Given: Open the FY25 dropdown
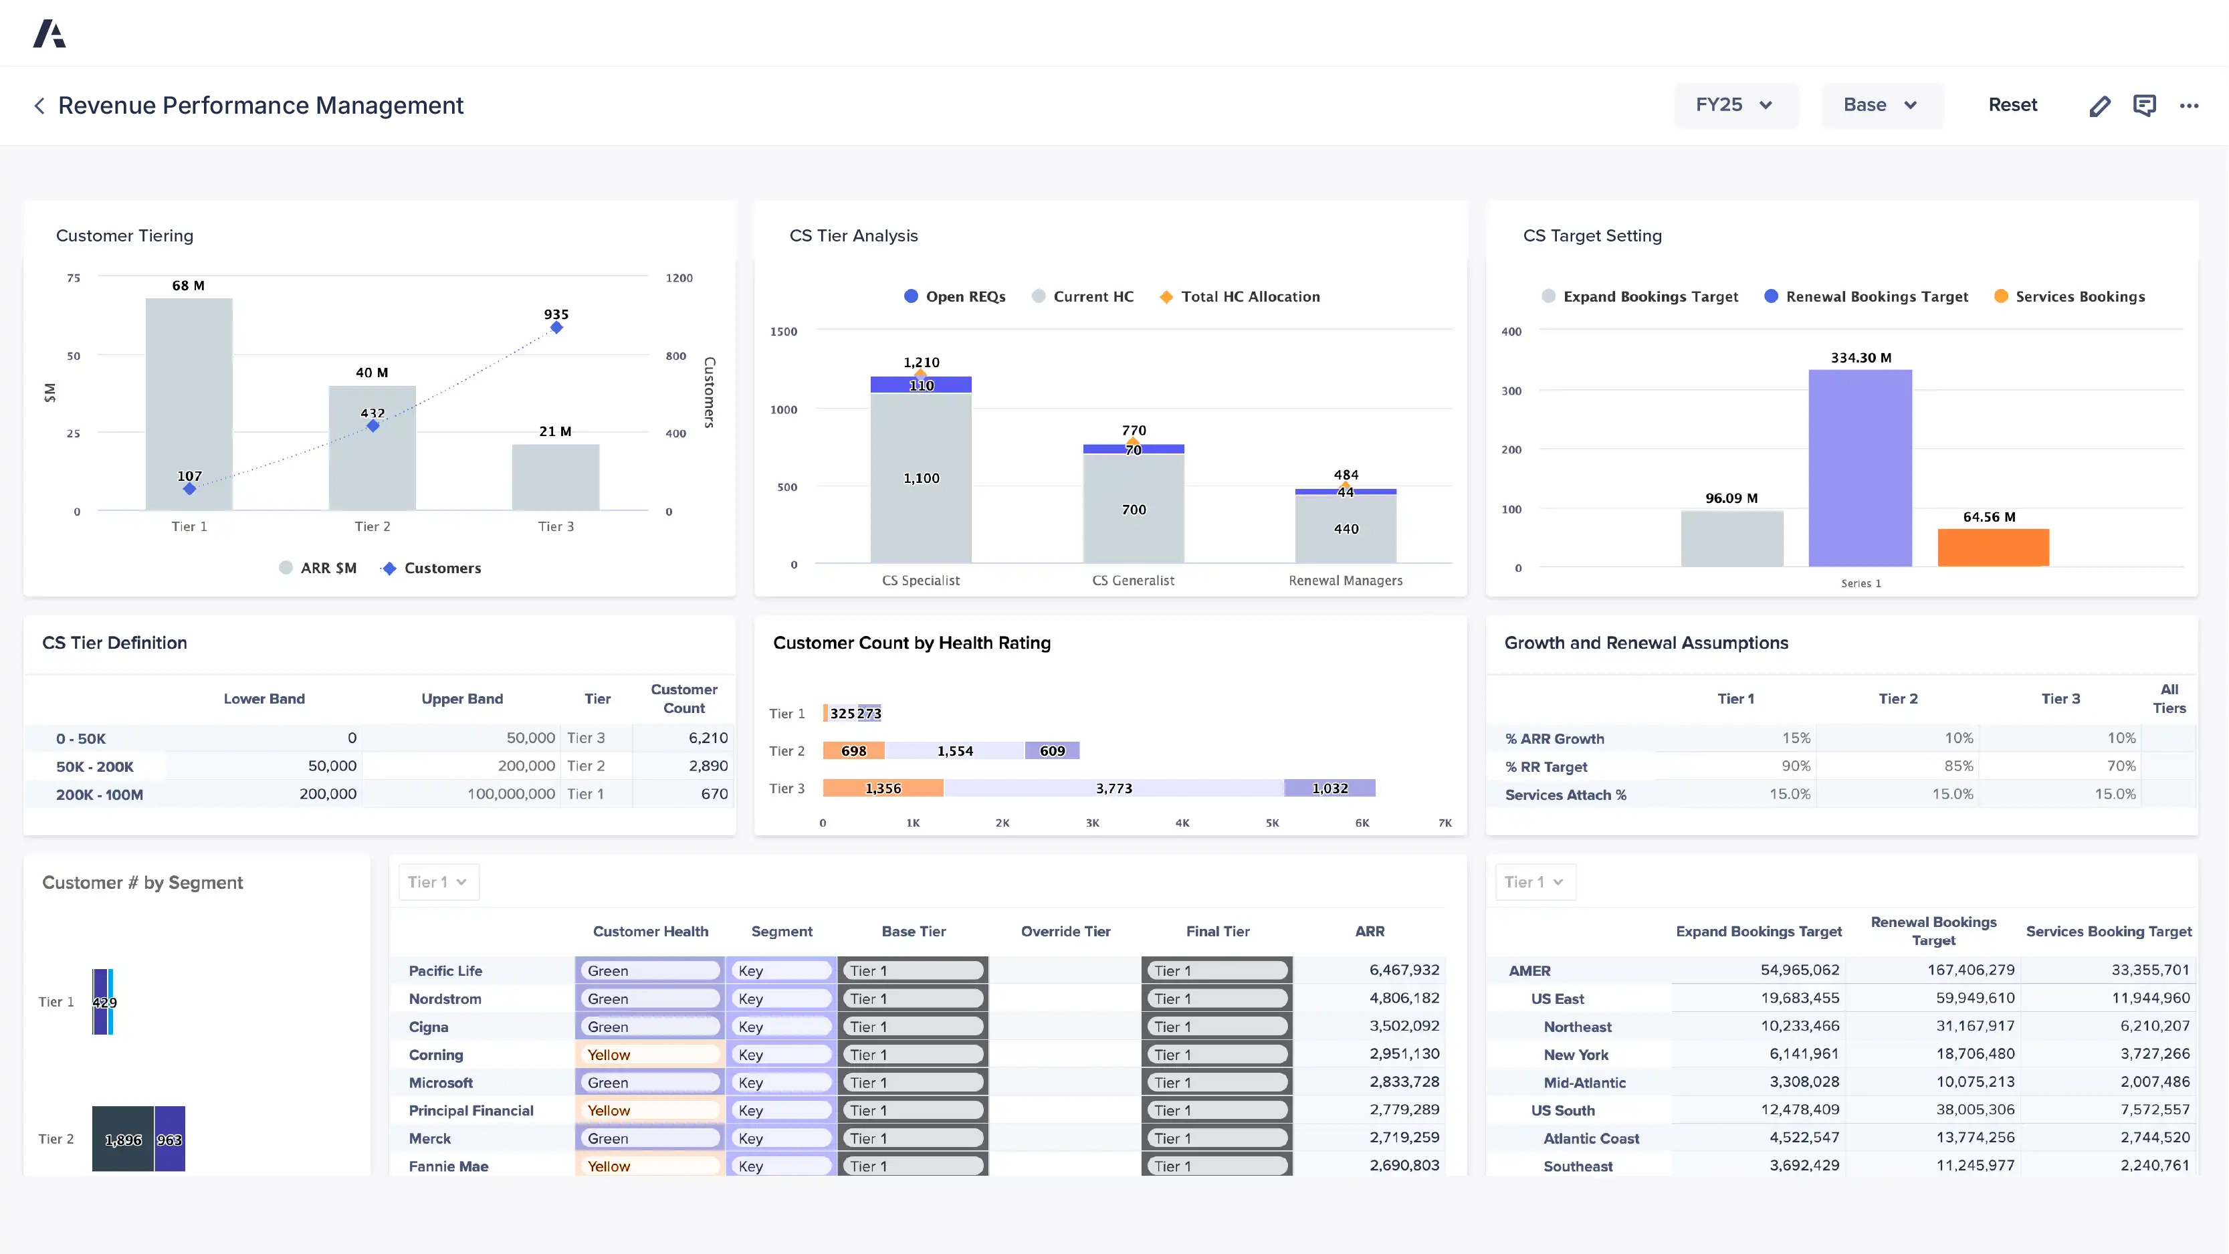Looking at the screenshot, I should [1734, 105].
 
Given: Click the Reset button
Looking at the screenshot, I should [2012, 105].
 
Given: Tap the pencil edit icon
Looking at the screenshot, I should [2099, 106].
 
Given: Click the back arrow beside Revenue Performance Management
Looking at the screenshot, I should [39, 106].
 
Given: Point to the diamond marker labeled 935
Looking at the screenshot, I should [556, 327].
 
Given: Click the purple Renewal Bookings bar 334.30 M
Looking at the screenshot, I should [1860, 467].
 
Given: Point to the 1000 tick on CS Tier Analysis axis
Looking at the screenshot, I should [783, 409].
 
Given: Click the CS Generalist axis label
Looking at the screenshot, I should [1133, 580].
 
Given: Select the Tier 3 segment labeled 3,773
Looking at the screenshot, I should [1113, 788].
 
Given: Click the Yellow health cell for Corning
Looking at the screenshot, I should [649, 1054].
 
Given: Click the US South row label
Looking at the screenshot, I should [1562, 1110].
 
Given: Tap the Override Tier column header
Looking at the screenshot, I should [1065, 931].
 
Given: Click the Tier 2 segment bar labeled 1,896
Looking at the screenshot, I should [123, 1139].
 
